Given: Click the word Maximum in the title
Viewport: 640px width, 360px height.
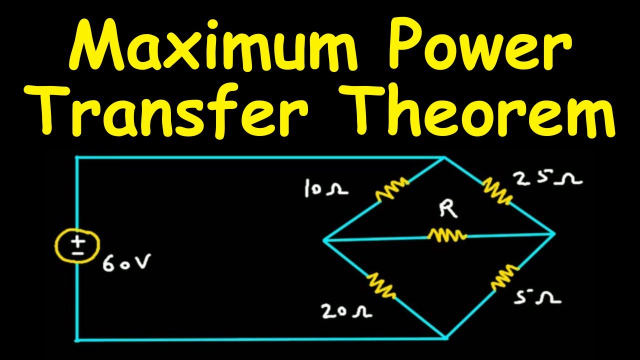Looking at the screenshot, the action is coord(213,45).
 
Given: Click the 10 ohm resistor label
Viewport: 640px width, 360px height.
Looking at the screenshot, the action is coord(326,188).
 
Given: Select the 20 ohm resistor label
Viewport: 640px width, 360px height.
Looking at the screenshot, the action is coord(347,311).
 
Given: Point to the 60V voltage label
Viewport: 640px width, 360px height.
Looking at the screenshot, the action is coord(125,263).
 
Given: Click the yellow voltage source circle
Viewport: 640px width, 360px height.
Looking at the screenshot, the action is coord(77,245).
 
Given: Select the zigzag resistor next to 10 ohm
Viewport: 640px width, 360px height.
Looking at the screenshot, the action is coord(392,189).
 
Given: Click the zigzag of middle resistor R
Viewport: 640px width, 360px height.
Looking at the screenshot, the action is coord(447,235).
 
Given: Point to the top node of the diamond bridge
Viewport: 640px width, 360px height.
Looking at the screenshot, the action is coord(444,157).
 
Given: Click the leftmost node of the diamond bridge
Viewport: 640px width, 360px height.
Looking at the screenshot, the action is coord(324,240).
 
